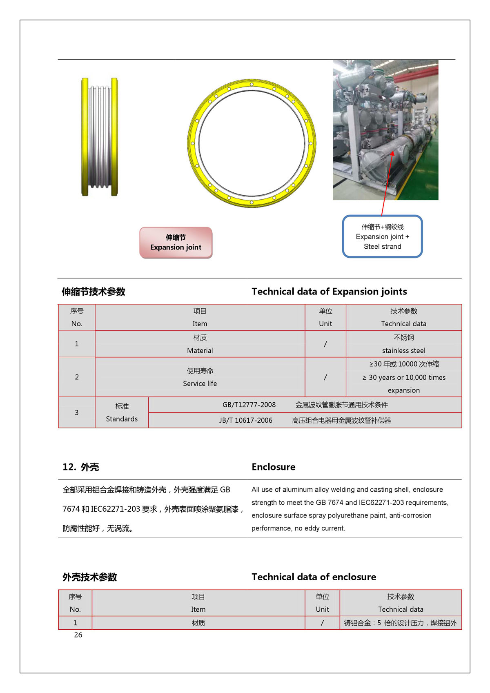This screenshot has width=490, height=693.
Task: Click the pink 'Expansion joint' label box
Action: (x=176, y=243)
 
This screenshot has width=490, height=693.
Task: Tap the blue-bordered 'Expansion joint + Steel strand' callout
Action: (x=382, y=237)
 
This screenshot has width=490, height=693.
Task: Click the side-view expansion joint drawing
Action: (x=100, y=137)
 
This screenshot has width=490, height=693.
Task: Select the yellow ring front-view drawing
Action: (x=252, y=143)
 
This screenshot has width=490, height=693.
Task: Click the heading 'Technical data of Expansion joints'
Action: (x=329, y=292)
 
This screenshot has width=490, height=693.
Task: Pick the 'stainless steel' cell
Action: (x=403, y=350)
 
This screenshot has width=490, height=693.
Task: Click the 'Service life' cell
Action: (x=200, y=383)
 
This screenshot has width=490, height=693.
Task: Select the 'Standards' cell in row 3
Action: (x=122, y=419)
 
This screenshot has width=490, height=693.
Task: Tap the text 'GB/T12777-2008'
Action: (x=249, y=405)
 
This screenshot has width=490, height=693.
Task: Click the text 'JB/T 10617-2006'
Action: (x=246, y=420)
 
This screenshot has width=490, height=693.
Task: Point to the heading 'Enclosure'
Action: (x=273, y=467)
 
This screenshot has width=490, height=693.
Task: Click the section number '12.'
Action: (x=69, y=467)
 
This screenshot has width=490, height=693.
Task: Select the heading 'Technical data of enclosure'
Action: (x=314, y=577)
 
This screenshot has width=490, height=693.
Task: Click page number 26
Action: (x=78, y=635)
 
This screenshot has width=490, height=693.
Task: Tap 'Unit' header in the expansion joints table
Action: (x=325, y=323)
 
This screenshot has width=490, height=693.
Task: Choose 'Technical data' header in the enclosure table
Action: (x=401, y=609)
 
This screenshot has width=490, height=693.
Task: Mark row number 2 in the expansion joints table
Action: (x=77, y=377)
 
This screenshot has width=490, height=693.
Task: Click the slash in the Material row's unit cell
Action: (x=325, y=344)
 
